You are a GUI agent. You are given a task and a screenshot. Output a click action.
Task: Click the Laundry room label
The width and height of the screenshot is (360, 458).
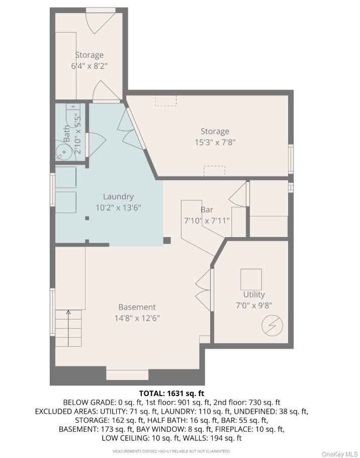(x=118, y=197)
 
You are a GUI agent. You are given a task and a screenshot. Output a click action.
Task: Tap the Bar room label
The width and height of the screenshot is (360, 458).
(x=207, y=209)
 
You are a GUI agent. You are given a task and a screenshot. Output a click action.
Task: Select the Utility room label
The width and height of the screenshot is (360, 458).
(x=253, y=294)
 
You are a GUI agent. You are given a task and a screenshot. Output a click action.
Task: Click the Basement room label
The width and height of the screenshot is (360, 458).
(x=137, y=307)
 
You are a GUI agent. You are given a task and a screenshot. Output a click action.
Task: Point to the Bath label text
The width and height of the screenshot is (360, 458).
(x=67, y=133)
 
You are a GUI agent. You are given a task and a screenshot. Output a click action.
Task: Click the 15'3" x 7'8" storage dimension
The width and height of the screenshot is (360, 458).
(x=215, y=142)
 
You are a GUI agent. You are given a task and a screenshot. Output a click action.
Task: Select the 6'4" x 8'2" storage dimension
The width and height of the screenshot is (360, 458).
(x=89, y=66)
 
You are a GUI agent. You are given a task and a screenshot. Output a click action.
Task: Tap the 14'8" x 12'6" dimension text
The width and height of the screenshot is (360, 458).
(x=137, y=318)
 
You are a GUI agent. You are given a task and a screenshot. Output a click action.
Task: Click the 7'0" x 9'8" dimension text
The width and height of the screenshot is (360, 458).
(x=253, y=305)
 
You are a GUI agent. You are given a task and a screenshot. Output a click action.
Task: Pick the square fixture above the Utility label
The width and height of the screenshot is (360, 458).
(x=251, y=279)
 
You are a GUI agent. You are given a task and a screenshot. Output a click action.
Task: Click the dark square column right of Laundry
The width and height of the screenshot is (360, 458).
(x=167, y=241)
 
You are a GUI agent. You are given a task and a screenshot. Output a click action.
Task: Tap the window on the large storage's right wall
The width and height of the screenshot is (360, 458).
(x=291, y=159)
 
